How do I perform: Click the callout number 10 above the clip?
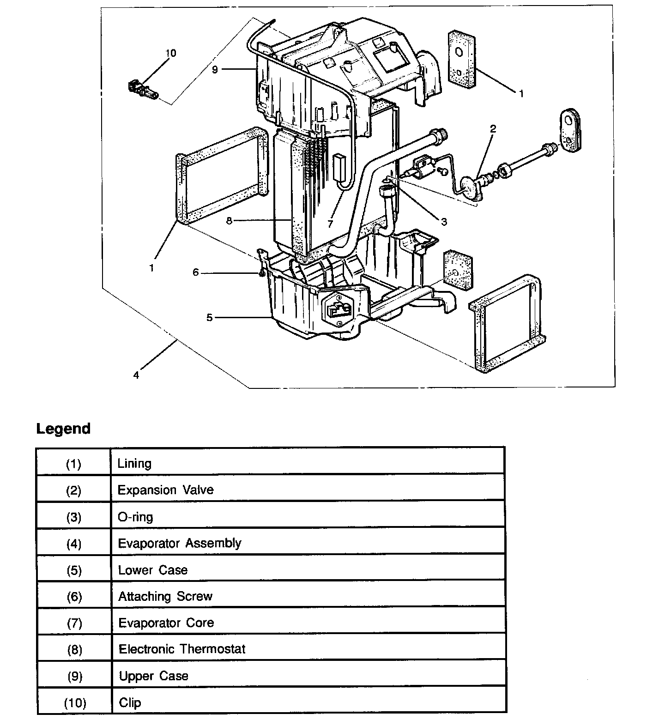[170, 54]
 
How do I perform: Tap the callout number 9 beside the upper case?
[215, 70]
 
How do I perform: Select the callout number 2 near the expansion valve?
[493, 129]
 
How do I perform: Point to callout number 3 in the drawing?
[444, 222]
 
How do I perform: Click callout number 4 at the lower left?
[136, 375]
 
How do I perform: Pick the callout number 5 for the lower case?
[209, 318]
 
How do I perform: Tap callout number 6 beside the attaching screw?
[195, 273]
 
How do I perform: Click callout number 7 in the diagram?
[330, 224]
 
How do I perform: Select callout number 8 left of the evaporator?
[229, 221]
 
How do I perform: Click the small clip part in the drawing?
[142, 89]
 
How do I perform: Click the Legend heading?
[63, 429]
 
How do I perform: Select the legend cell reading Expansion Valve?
[166, 490]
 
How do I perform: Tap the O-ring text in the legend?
[135, 516]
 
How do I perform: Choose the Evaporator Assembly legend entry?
[180, 543]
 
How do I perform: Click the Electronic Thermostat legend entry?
[182, 649]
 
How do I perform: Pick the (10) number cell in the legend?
[74, 702]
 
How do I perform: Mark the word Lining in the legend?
[134, 463]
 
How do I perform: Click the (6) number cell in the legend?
[74, 597]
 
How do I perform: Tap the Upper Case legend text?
[154, 676]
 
